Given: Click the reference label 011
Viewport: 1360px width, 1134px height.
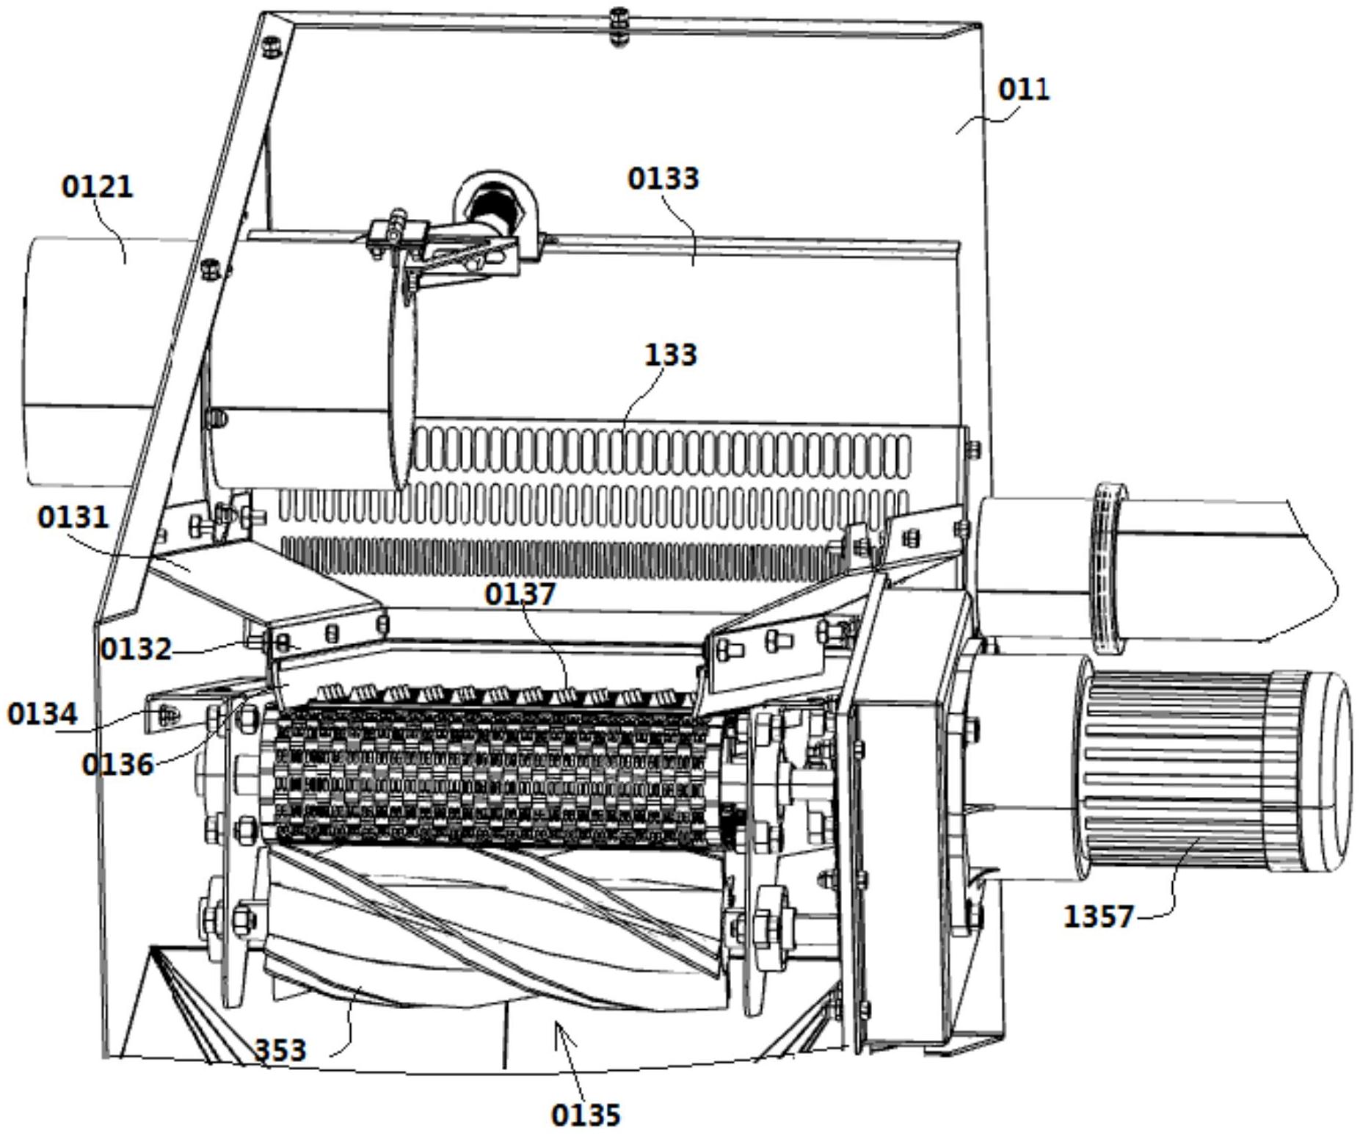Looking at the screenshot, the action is (1023, 90).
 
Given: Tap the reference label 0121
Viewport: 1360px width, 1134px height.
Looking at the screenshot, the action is (98, 187).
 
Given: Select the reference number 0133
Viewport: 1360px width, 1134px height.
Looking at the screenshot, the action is (663, 178).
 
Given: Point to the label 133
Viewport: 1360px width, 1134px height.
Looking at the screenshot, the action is (670, 355).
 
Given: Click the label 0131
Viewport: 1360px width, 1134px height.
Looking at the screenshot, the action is (73, 518).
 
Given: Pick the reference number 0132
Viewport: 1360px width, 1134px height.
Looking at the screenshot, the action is (136, 649).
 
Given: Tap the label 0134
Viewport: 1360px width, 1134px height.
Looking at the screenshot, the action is (43, 714).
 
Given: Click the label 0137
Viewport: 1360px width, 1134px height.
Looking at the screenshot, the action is (520, 594).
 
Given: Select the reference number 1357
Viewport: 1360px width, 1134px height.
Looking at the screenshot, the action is (1099, 917).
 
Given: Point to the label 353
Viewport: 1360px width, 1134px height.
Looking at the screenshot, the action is (280, 1050).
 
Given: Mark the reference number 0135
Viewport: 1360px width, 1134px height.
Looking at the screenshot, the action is (586, 1115).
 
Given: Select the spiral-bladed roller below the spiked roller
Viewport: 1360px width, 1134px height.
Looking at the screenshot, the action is (492, 925).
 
